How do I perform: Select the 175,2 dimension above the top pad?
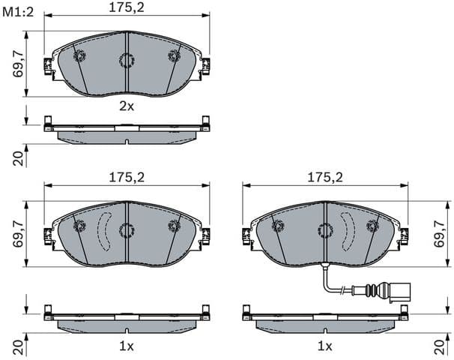tap(125, 9)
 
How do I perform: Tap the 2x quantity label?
tap(127, 106)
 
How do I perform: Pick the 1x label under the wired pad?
tap(324, 346)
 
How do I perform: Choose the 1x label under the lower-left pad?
tap(127, 346)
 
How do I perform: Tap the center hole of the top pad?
tap(126, 59)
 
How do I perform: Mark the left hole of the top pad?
tap(79, 55)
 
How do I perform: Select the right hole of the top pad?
tap(175, 55)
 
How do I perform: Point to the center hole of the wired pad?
tap(324, 229)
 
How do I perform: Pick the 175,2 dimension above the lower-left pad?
tap(125, 177)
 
